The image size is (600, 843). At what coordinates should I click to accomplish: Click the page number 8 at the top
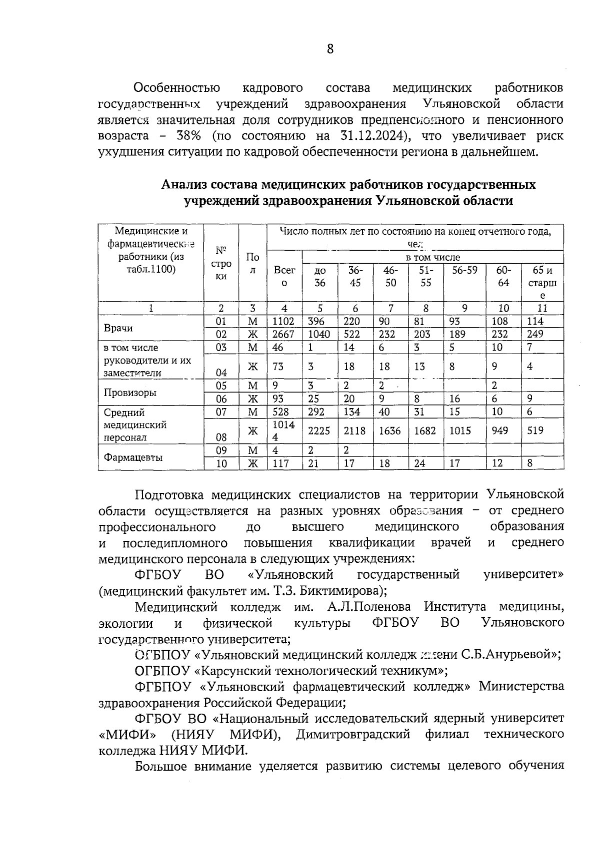[x=329, y=49]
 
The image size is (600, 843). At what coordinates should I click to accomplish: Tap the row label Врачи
[x=118, y=328]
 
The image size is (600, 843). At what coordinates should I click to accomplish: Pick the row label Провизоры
[x=130, y=393]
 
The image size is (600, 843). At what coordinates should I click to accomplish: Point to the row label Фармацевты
[x=133, y=457]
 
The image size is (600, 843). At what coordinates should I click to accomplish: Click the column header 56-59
[x=464, y=270]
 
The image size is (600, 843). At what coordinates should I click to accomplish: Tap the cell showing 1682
[x=425, y=430]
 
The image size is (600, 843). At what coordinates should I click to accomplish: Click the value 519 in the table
[x=535, y=430]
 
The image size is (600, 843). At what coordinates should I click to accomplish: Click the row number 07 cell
[x=221, y=412]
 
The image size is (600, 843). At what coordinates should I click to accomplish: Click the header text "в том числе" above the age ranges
[x=432, y=258]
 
